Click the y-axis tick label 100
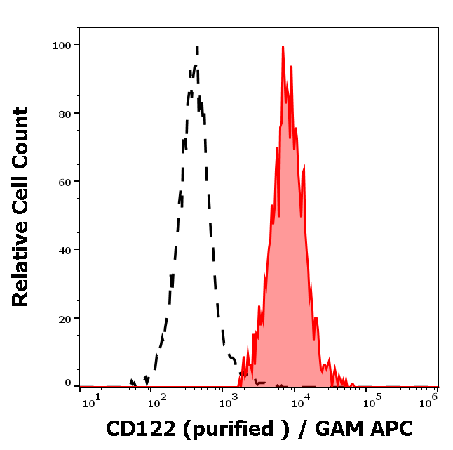[x=62, y=45]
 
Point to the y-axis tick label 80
[x=65, y=113]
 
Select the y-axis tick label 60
[x=65, y=181]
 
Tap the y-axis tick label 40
[x=65, y=249]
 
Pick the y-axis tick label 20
[x=65, y=318]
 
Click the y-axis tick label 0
[x=68, y=383]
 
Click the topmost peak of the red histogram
[x=283, y=47]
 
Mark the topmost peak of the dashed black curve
[x=197, y=47]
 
